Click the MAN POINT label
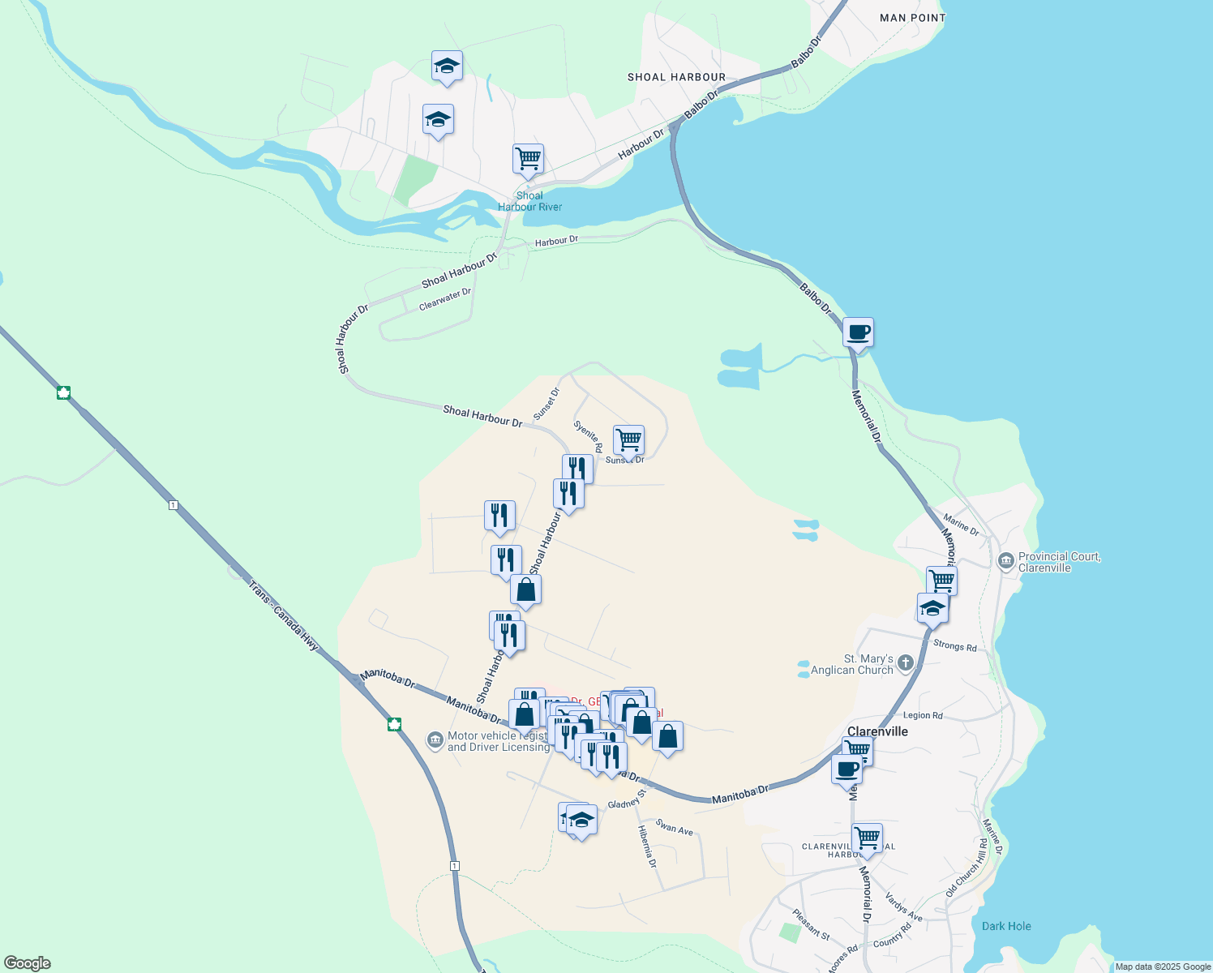912,18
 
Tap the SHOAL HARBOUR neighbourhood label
676,78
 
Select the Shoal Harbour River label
529,201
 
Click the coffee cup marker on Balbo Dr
858,332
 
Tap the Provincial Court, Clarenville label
1059,562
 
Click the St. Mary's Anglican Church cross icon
906,663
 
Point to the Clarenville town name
877,731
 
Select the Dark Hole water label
1006,926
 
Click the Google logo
28,963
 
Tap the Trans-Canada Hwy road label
283,615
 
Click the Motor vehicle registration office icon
435,740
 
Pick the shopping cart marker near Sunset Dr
628,441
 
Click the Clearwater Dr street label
445,299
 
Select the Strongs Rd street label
954,646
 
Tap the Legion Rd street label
923,716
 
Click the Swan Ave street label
674,828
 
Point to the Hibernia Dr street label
647,847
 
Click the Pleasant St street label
811,925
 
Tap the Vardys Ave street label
903,907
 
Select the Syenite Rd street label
588,436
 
